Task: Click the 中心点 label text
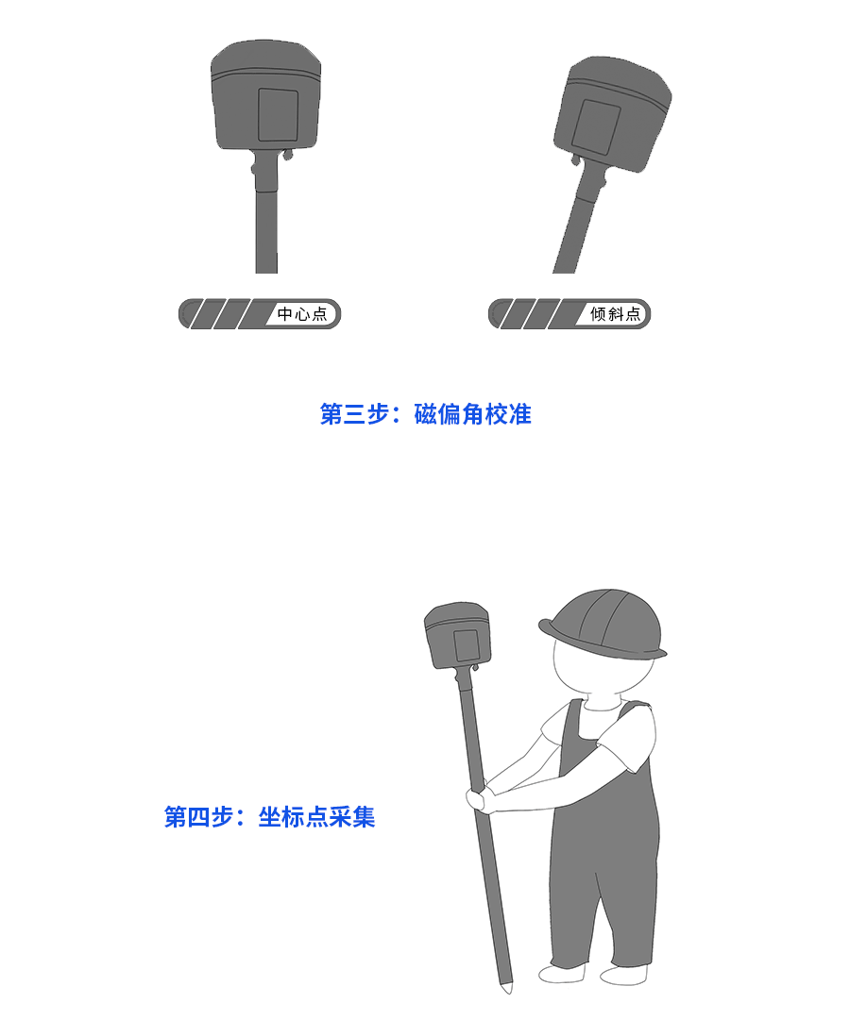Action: pos(302,314)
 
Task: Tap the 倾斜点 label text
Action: pos(615,314)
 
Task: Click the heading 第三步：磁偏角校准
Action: pos(425,414)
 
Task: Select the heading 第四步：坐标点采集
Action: pos(269,817)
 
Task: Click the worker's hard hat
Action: pos(603,624)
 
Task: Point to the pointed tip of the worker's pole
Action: pos(507,990)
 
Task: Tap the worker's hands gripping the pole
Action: pos(478,798)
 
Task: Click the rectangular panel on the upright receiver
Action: pos(278,115)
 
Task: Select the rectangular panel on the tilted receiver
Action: pos(595,126)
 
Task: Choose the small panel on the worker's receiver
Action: pos(466,644)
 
